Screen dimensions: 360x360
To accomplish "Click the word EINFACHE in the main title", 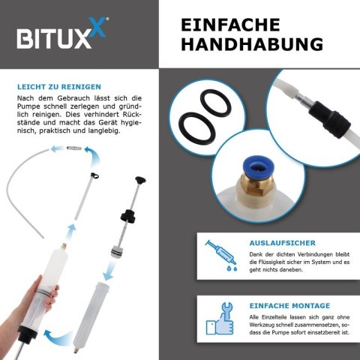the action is pyautogui.click(x=230, y=25).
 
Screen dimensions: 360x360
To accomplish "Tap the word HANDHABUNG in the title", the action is pyautogui.click(x=252, y=44).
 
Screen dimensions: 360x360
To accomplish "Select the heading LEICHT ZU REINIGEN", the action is pyautogui.click(x=59, y=87).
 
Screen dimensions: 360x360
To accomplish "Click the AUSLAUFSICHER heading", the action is pyautogui.click(x=283, y=243).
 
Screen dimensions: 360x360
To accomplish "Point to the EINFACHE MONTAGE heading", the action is pyautogui.click(x=289, y=306).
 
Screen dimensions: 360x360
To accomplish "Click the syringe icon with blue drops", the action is pyautogui.click(x=221, y=256).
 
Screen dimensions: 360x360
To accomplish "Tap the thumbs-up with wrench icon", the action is pyautogui.click(x=220, y=319).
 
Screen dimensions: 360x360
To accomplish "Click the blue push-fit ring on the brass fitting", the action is pyautogui.click(x=258, y=166).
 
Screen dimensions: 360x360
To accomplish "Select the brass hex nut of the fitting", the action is pyautogui.click(x=256, y=185).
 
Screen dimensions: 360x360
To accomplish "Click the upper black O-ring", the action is pyautogui.click(x=216, y=103).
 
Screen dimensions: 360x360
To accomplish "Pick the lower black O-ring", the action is pyautogui.click(x=197, y=128).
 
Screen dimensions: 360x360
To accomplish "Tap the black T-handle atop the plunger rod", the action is pyautogui.click(x=140, y=180).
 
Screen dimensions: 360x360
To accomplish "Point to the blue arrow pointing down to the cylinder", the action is pyautogui.click(x=109, y=270).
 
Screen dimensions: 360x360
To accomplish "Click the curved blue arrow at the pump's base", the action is pyautogui.click(x=58, y=337).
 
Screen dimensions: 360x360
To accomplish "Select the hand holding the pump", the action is pyautogui.click(x=28, y=313).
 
